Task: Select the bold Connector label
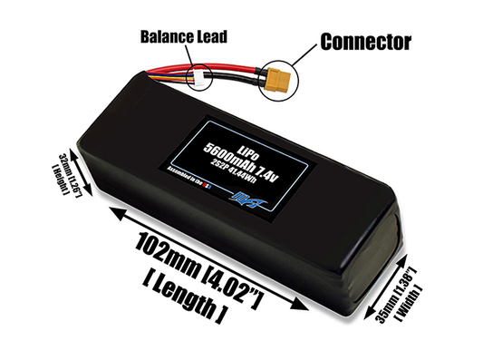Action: [364, 41]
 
